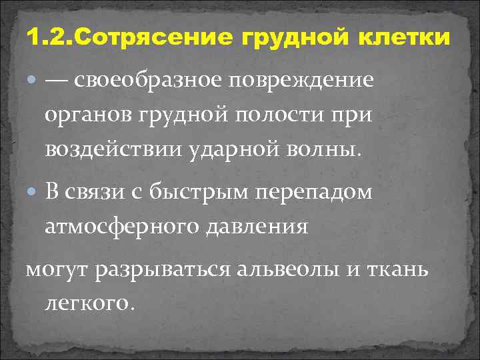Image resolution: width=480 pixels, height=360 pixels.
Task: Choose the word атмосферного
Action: [123, 227]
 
